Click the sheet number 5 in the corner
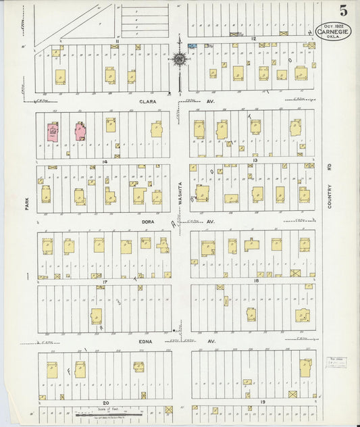(343, 10)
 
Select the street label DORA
(149, 221)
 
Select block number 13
(256, 160)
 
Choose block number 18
(256, 280)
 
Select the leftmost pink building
(52, 131)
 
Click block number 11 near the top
(116, 41)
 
